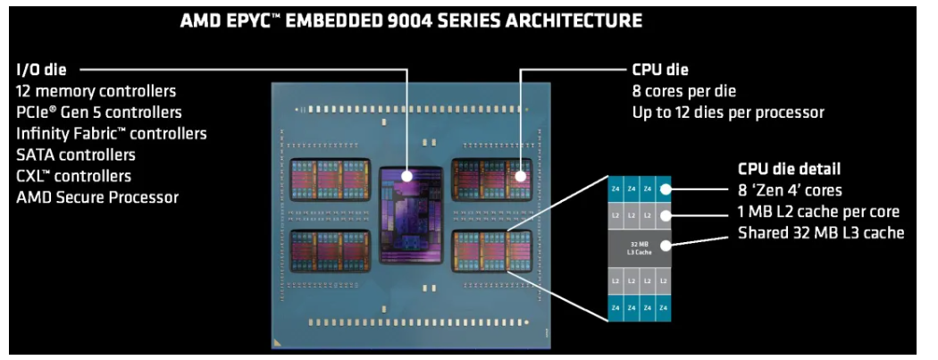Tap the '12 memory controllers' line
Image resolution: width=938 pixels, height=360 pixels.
tap(96, 91)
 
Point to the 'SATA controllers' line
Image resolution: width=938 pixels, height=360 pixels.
tap(75, 155)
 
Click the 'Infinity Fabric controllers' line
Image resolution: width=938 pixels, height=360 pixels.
tap(112, 133)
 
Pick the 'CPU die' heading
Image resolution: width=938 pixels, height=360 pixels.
tap(660, 70)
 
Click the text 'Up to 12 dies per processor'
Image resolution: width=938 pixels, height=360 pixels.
tap(727, 113)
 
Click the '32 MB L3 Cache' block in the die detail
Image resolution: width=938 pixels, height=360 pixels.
tap(633, 245)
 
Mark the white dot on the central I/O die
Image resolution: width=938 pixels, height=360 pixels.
tap(407, 176)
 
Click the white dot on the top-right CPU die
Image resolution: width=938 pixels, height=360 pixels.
tap(521, 175)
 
